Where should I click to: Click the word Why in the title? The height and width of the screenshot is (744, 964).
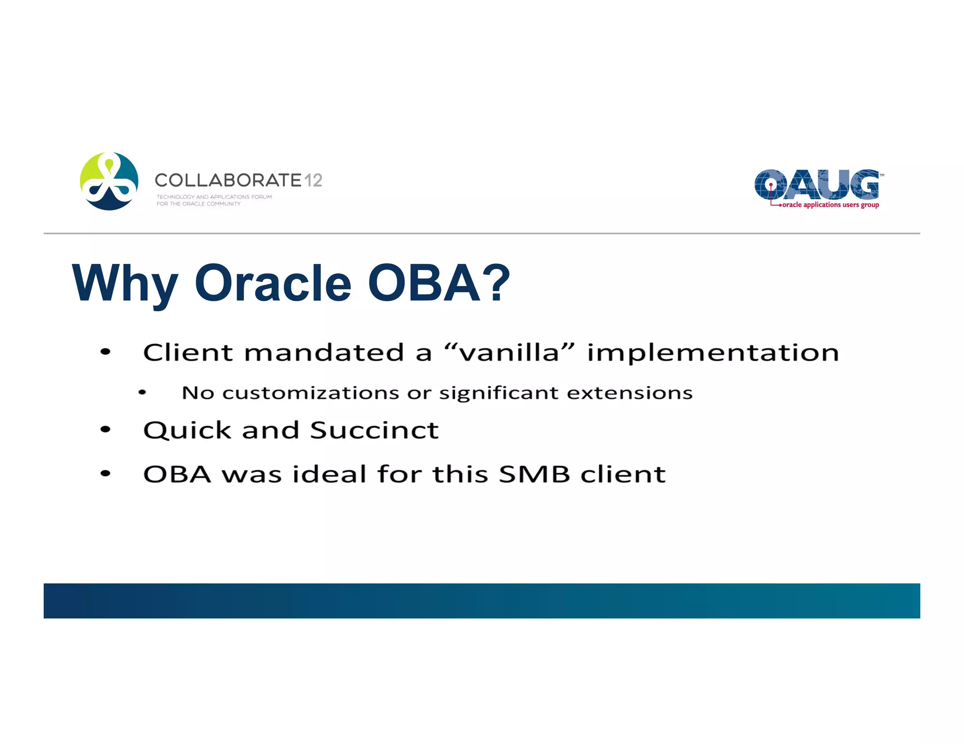(125, 284)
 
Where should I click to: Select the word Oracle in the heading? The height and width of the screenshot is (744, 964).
(273, 283)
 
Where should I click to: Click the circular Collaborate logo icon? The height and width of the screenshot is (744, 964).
(109, 181)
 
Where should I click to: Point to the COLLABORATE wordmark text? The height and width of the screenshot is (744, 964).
(228, 180)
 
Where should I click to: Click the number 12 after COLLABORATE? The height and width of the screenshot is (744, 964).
(313, 180)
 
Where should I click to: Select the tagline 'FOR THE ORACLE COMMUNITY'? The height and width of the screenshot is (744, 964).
(198, 204)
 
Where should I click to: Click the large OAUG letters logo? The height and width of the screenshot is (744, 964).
(817, 184)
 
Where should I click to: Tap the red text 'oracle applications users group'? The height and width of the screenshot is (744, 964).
(830, 205)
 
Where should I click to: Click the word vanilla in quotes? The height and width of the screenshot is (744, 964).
(510, 352)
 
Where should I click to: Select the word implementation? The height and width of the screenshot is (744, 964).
(713, 352)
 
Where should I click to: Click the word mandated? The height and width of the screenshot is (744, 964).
(324, 352)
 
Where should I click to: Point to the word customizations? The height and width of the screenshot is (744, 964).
(311, 393)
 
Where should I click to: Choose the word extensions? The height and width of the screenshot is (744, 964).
(629, 393)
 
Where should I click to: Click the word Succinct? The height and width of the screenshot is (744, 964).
(374, 430)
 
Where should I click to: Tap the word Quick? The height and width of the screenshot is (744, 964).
(187, 430)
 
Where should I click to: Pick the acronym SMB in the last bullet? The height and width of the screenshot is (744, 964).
(534, 474)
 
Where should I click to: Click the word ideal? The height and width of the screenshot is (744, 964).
(329, 474)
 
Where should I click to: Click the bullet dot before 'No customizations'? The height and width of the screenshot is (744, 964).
(142, 392)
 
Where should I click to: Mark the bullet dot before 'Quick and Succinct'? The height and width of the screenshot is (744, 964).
(105, 429)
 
